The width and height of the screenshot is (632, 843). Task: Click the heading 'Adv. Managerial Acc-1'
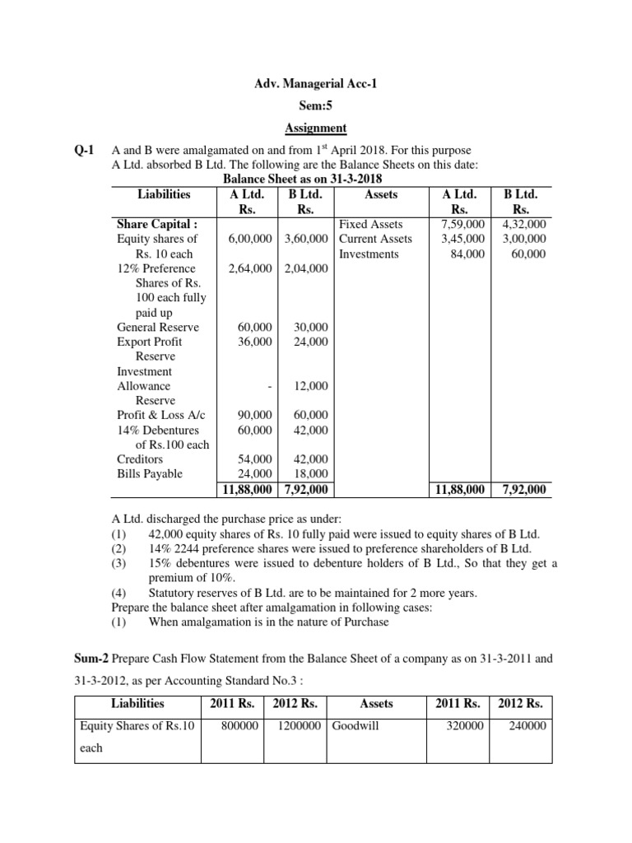tap(316, 84)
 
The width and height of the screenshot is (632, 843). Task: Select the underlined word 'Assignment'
tap(316, 128)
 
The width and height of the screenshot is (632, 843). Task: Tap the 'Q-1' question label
tap(86, 150)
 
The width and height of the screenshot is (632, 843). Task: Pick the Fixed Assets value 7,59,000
tap(464, 224)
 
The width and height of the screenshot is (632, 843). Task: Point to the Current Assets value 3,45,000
tap(464, 239)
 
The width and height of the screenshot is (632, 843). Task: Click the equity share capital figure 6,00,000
tap(250, 239)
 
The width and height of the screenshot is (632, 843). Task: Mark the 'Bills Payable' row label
tap(150, 474)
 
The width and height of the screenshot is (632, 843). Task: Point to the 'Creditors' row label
tap(140, 459)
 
